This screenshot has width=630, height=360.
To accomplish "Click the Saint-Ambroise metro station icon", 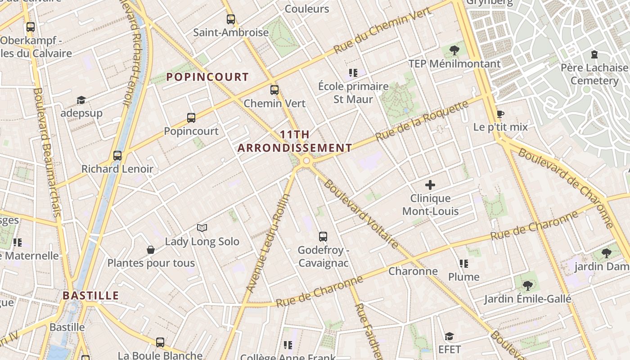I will coord(231,19).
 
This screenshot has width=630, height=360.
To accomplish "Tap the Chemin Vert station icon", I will coord(274,90).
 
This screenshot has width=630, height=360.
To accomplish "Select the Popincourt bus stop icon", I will coord(191,118).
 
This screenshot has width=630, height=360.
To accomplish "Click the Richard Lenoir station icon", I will coord(117,156).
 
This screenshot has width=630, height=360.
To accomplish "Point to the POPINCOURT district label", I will coord(207,77).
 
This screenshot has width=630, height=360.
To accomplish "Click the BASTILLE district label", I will coord(90,296).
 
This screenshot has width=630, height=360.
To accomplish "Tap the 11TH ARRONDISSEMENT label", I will coord(295,141).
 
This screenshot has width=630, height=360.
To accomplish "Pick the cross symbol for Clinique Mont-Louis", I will coord(430,185).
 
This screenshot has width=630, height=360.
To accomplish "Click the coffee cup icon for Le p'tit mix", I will coord(500,114).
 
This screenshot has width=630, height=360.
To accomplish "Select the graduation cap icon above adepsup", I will coord(81,100).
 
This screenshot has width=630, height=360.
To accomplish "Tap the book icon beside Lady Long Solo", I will coord(202,228).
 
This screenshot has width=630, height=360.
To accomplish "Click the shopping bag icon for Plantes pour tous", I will coord(151,250).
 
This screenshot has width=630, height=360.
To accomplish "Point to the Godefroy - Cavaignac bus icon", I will coord(323,237).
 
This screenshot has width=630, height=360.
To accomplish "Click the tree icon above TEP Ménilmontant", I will coord(454,50).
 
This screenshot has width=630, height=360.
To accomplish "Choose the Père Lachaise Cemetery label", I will coord(594,74).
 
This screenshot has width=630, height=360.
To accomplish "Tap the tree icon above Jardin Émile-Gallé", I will coord(527,285).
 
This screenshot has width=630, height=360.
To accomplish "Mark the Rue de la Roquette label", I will coord(422,121).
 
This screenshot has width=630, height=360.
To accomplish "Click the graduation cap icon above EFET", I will coord(449,336).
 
